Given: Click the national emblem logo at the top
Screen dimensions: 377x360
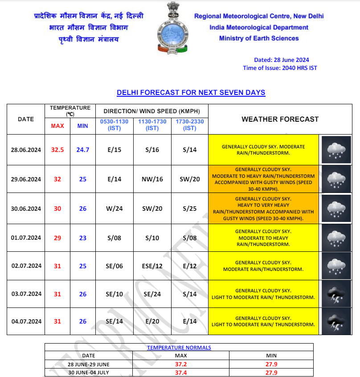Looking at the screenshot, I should pos(172,28).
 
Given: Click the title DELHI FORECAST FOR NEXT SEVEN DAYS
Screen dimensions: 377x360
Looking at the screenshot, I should pos(191,93).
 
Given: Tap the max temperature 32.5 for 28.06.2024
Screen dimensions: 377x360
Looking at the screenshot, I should pos(57,150).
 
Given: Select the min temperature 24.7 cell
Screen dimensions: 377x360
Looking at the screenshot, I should pos(82,150).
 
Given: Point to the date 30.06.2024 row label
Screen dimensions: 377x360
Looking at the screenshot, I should pos(26,209).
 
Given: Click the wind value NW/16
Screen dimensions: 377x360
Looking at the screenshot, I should pos(152,179).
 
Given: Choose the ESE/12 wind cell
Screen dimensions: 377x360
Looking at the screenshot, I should pos(152,266).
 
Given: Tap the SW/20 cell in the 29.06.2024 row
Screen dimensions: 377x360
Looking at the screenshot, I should pos(190,179).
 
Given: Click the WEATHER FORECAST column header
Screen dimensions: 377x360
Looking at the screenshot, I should pos(280,119).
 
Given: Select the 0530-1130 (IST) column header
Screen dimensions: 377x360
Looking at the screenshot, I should pos(114,125).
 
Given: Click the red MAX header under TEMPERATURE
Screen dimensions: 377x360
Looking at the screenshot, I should pos(57,126).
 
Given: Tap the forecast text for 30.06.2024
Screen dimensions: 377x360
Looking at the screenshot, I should pos(263,209).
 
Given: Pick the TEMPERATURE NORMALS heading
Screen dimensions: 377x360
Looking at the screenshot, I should pos(179,348).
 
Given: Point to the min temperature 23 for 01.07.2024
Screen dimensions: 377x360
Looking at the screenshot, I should pos(82,238).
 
